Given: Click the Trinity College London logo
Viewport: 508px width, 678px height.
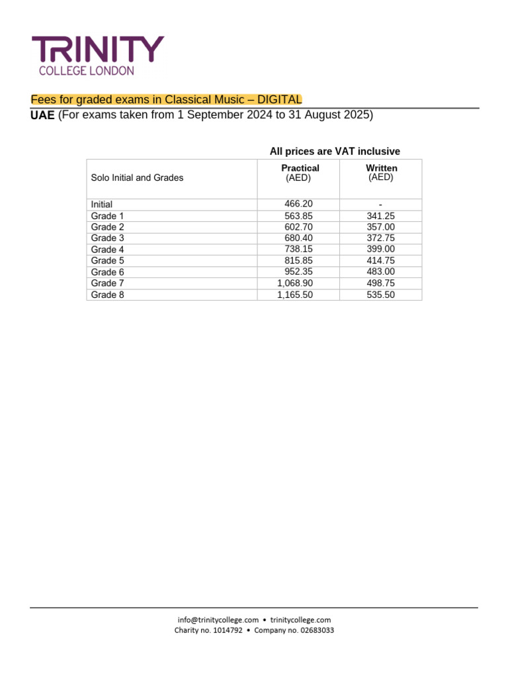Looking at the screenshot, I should (98, 56).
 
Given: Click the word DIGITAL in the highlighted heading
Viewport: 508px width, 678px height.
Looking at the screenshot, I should (279, 99).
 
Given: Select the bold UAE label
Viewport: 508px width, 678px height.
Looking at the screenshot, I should (43, 115).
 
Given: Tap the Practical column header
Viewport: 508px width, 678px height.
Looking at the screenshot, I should (300, 168).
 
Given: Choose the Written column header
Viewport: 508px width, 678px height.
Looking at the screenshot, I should (381, 168).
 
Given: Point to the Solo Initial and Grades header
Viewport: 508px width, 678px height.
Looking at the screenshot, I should (137, 177).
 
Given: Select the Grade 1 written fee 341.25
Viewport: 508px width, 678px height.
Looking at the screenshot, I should (380, 216).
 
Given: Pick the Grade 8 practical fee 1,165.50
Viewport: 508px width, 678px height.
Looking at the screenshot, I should (295, 295).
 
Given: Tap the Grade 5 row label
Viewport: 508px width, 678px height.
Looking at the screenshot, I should (107, 261).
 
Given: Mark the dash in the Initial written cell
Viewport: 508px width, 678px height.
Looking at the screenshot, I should (381, 205).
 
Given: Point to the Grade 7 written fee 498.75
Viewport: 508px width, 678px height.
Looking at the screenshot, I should (380, 283).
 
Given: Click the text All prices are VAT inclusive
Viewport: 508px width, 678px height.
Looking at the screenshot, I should (335, 152).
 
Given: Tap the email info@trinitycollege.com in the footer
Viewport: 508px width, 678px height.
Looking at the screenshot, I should (218, 620).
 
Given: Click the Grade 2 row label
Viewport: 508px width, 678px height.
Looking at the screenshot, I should (107, 227).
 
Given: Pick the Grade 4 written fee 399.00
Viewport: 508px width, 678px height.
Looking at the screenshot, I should (380, 250).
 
